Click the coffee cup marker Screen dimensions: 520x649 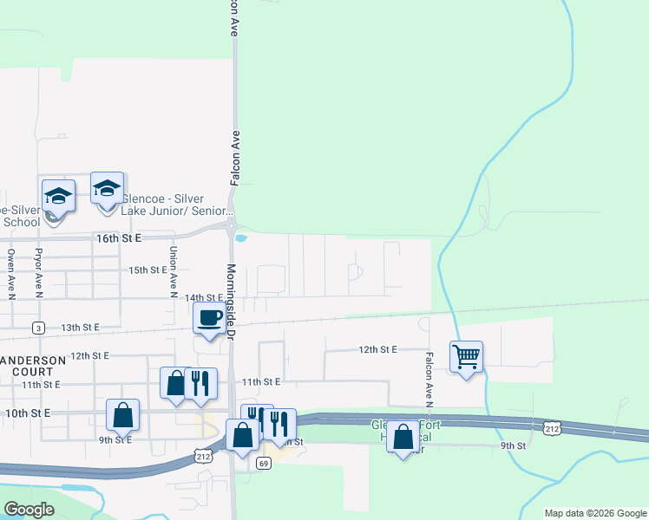pos(209,318)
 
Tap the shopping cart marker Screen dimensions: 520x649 pos(466,355)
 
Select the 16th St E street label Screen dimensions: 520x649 pos(117,237)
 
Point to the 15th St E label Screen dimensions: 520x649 pos(147,270)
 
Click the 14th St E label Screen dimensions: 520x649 pos(203,297)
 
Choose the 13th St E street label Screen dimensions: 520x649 pos(80,327)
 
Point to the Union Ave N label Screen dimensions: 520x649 pos(174,269)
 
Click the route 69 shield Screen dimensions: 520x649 pos(264,464)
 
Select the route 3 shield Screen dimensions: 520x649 pos(38,328)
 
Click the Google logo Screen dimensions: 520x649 pos(29,510)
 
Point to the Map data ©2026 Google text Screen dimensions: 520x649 pos(595,513)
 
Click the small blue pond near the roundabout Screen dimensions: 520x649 pos(240,238)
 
